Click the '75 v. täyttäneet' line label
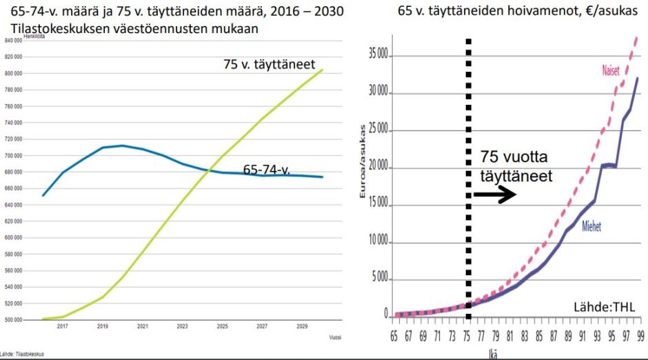(x=269, y=64)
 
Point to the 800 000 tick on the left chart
(x=14, y=73)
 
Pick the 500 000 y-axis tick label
(x=14, y=320)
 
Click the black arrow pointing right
(x=495, y=195)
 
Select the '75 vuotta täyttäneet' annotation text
(x=516, y=167)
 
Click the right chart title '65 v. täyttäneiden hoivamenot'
(x=522, y=11)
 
